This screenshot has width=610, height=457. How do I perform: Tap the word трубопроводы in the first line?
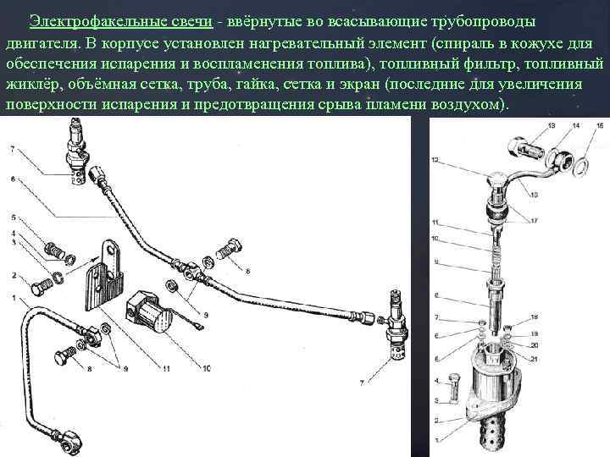pyautogui.click(x=483, y=22)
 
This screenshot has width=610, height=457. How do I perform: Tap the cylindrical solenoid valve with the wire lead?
pyautogui.click(x=150, y=314)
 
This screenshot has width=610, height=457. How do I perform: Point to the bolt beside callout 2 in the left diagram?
pyautogui.click(x=41, y=289)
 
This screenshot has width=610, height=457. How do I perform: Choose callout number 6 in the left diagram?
pyautogui.click(x=14, y=179)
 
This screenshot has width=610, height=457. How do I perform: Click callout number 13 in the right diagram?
pyautogui.click(x=552, y=126)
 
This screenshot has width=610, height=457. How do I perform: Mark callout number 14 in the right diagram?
pyautogui.click(x=576, y=125)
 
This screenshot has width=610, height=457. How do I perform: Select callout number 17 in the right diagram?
pyautogui.click(x=534, y=221)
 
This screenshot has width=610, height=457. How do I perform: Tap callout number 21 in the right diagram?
pyautogui.click(x=534, y=359)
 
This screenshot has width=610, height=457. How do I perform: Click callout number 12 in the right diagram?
pyautogui.click(x=435, y=160)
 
